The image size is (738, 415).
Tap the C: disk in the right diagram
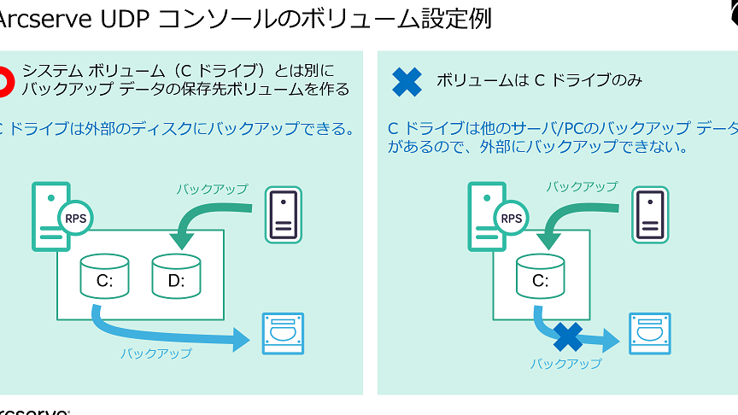pos(540,274)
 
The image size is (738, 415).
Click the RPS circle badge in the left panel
pos(75,218)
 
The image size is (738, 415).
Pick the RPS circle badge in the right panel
pos(512,218)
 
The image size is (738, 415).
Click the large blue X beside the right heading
pos(407,81)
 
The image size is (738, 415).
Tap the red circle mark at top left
pos(4,79)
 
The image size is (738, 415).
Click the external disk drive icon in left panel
pos(282,334)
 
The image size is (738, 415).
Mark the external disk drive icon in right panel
pos(649,334)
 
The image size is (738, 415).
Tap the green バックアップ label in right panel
pos(582,186)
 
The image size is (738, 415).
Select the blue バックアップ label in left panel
pos(155,353)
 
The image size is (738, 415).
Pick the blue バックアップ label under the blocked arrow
pos(565,363)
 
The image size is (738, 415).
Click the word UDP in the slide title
pos(121,18)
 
